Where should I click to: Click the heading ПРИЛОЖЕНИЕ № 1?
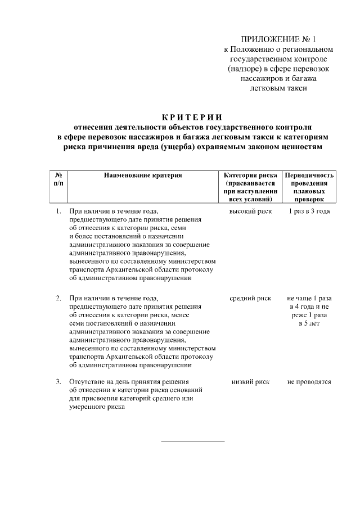[x=279, y=39]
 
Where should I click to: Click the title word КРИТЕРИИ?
[x=192, y=117]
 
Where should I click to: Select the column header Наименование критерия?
[x=143, y=175]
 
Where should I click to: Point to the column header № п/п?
[x=58, y=179]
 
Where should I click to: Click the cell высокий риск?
[x=250, y=211]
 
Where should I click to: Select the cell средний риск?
[x=250, y=298]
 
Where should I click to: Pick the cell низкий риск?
[x=250, y=382]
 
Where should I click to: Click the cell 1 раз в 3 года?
[x=309, y=211]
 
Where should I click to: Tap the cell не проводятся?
[x=309, y=382]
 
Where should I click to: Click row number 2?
[x=58, y=298]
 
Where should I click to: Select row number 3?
[x=58, y=382]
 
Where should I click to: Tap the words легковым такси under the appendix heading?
[x=279, y=87]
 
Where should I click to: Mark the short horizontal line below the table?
[x=192, y=442]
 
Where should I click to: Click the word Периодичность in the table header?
[x=309, y=175]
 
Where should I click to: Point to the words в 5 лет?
[x=309, y=323]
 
